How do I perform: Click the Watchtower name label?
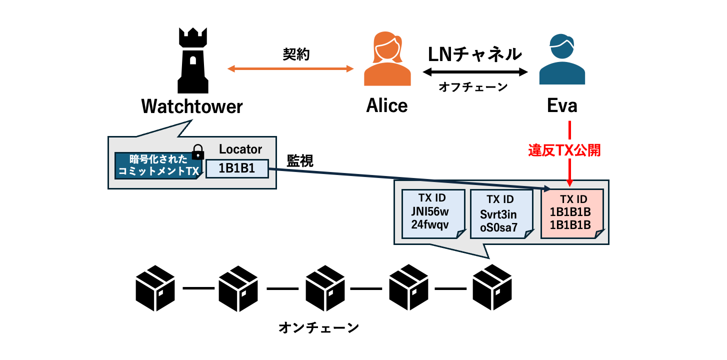click(x=192, y=106)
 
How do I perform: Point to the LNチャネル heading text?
click(x=475, y=54)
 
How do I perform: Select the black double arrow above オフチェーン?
click(x=475, y=72)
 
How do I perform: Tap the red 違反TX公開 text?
click(x=564, y=150)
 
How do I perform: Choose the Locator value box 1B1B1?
click(x=237, y=168)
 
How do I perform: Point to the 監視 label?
click(x=300, y=160)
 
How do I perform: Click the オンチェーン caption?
click(x=318, y=328)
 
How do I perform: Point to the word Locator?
click(x=240, y=149)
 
